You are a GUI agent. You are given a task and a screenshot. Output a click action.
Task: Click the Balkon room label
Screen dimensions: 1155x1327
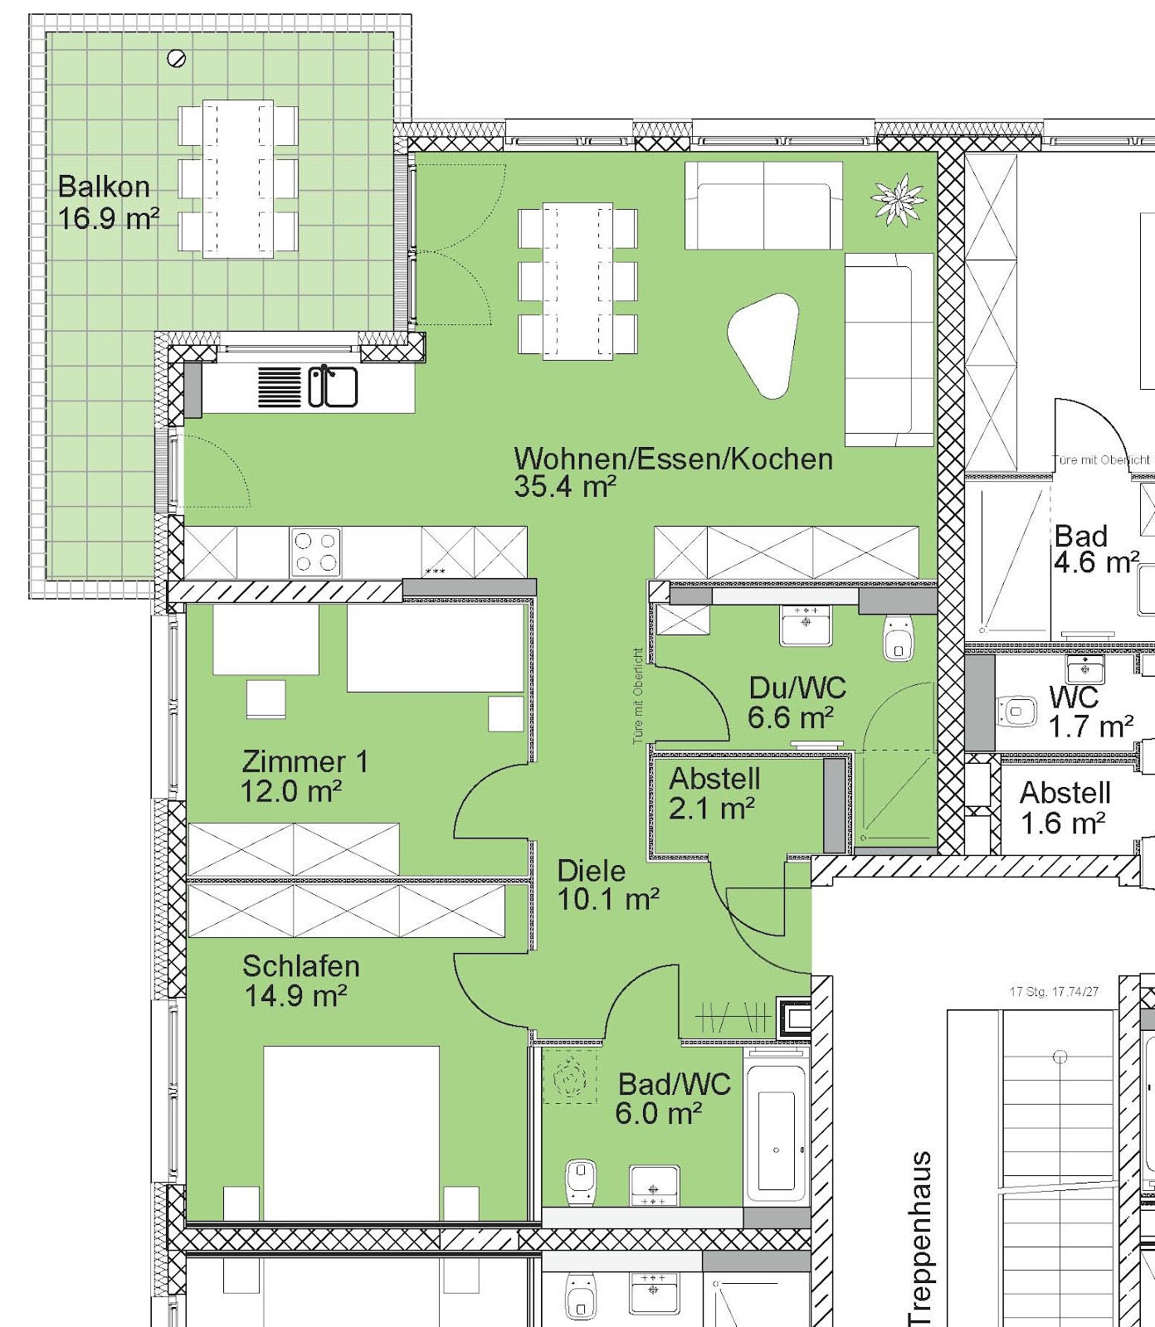coord(104,187)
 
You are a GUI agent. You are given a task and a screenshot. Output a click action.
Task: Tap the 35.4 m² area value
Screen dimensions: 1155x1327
coord(565,486)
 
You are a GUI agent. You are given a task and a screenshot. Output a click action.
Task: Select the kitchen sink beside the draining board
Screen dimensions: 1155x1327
coord(333,386)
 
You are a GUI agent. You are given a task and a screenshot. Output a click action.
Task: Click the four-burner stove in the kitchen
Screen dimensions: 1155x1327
coord(315,552)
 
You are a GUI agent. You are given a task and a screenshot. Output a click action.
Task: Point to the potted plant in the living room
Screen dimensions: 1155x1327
coord(898,199)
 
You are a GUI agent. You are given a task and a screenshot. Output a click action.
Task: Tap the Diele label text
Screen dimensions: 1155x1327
coord(592,871)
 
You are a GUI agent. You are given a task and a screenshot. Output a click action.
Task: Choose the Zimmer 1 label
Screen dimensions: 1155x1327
coord(305,761)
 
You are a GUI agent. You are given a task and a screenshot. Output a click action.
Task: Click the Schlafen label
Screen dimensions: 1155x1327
coord(301,966)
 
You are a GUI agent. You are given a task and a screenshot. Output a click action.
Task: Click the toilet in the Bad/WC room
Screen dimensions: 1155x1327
coord(581,1181)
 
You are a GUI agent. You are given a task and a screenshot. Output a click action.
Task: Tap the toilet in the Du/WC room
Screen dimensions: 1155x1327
coord(899,637)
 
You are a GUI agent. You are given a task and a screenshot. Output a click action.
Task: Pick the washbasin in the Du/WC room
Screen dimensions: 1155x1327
coord(806,625)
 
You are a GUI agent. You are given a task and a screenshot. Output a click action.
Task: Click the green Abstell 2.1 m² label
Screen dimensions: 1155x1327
coord(714,793)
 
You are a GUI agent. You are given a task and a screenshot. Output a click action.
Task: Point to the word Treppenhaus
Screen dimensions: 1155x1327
coord(920,1238)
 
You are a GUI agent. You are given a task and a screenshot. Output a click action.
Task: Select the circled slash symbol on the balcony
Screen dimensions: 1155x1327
coord(177,58)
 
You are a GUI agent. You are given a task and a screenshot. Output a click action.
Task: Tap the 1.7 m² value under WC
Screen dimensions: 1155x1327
coord(1090,727)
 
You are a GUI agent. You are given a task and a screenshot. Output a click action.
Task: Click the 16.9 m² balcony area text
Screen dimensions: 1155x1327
coord(108,219)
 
